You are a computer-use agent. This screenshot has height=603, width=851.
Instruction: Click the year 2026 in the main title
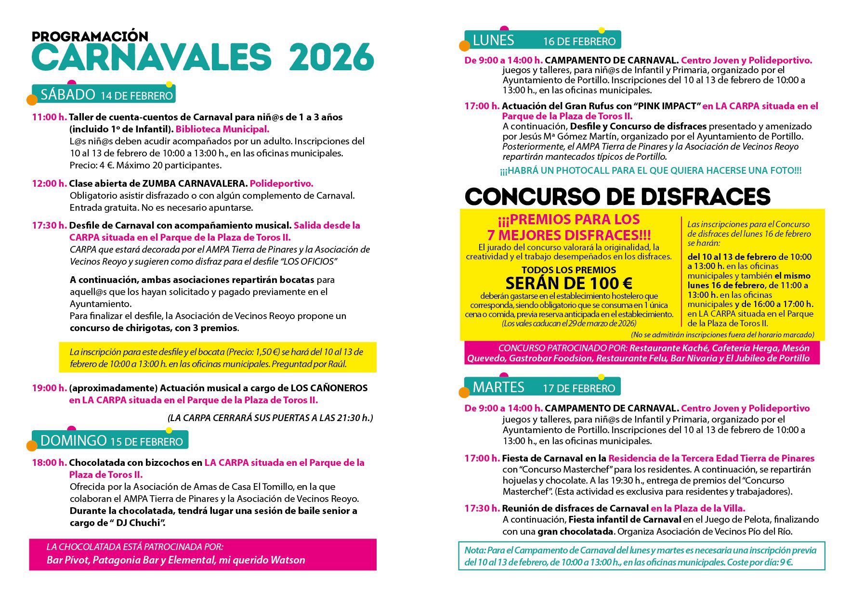pyautogui.click(x=331, y=58)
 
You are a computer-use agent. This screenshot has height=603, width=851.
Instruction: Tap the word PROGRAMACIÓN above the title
pyautogui.click(x=90, y=36)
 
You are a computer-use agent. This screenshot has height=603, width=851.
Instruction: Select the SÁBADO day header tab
pyautogui.click(x=104, y=94)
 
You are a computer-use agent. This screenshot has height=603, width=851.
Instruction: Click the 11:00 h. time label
pyautogui.click(x=49, y=117)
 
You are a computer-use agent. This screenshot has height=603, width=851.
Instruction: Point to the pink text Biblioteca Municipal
pyautogui.click(x=222, y=129)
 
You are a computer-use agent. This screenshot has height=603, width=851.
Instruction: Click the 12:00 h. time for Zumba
pyautogui.click(x=49, y=183)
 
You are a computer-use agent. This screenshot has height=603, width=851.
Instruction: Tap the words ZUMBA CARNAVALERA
pyautogui.click(x=195, y=183)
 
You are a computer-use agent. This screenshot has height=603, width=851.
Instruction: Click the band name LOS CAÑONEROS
pyautogui.click(x=329, y=388)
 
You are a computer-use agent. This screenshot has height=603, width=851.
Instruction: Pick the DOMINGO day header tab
pyautogui.click(x=110, y=440)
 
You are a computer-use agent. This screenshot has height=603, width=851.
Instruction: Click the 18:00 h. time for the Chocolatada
pyautogui.click(x=49, y=462)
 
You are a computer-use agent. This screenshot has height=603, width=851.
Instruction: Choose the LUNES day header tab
pyautogui.click(x=543, y=40)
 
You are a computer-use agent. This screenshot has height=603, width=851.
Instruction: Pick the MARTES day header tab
pyautogui.click(x=542, y=387)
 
